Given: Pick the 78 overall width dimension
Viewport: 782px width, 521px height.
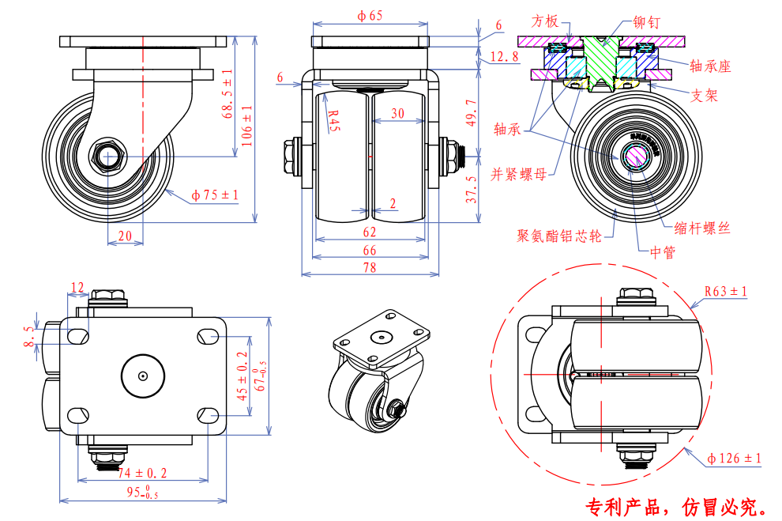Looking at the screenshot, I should [370, 268].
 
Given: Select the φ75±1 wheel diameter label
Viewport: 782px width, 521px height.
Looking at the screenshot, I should [214, 195].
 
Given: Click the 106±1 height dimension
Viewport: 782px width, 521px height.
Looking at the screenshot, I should [247, 124].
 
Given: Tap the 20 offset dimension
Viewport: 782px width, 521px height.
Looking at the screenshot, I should [125, 236].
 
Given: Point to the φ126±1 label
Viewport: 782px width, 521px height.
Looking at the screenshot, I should [734, 459].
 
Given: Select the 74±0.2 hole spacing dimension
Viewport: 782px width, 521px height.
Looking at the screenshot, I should [142, 473].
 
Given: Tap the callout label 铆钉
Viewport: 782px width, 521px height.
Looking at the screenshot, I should [649, 23].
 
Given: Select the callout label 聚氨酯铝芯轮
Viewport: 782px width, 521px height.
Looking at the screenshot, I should [559, 236].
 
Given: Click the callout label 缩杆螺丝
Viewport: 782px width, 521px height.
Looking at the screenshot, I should [702, 228].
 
